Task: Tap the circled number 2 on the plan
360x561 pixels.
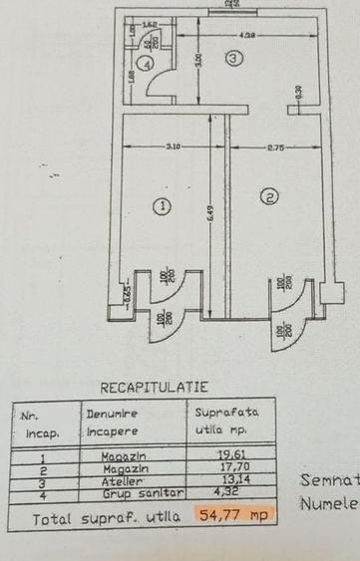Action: pyautogui.click(x=267, y=196)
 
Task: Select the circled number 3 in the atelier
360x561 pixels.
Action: pyautogui.click(x=233, y=59)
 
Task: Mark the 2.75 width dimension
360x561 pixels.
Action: pyautogui.click(x=276, y=147)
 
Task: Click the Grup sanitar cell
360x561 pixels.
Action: pyautogui.click(x=130, y=490)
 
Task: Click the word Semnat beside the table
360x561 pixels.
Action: pyautogui.click(x=329, y=480)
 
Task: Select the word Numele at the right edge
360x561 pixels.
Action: pyautogui.click(x=329, y=504)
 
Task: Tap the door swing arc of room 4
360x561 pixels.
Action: pyautogui.click(x=158, y=85)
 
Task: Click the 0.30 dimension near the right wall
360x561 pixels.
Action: pyautogui.click(x=298, y=91)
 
